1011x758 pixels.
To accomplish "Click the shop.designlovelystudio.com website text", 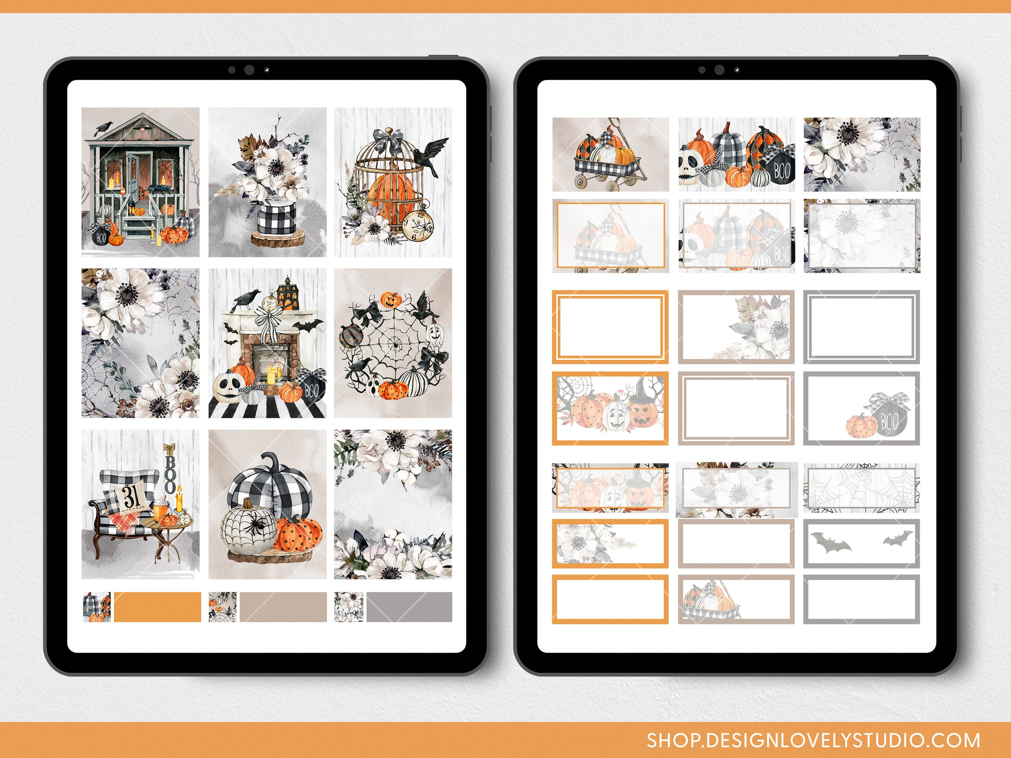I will (813, 740).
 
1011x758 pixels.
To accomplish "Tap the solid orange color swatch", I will (157, 607).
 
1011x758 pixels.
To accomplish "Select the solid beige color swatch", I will (283, 607).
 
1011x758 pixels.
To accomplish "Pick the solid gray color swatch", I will (409, 607).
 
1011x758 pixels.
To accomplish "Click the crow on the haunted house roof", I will (103, 128).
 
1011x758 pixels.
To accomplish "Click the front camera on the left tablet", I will (249, 70).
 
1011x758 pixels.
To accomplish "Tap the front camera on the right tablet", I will (719, 70).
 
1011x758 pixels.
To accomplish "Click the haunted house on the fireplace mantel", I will (287, 295).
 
